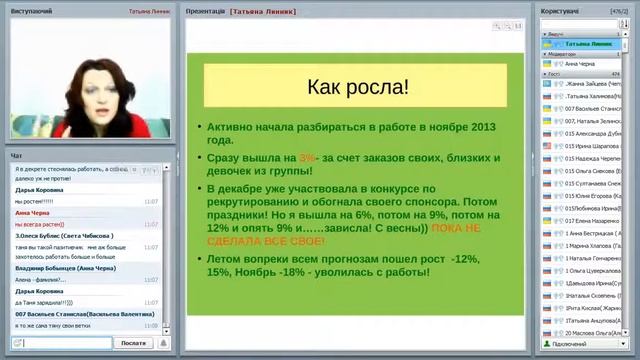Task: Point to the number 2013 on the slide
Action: (x=475, y=128)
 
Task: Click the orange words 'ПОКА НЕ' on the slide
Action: (x=456, y=228)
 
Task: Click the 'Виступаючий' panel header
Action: (x=32, y=10)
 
